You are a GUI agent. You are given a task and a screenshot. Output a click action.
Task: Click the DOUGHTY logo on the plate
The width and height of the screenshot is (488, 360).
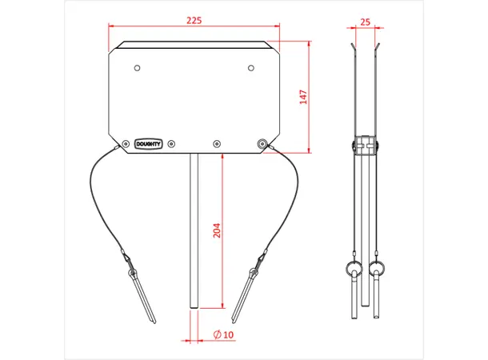coord(149,144)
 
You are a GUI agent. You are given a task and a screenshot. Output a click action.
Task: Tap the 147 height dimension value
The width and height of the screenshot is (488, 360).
coord(303,97)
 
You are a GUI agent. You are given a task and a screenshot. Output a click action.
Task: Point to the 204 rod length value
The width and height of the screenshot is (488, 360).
coord(217,230)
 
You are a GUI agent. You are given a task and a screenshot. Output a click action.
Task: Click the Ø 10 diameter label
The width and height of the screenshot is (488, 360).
coord(224,334)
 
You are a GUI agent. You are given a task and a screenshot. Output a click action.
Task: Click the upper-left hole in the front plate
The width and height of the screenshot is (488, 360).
coord(138,67)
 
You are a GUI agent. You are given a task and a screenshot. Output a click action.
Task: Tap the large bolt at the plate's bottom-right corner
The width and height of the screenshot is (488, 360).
coord(262,144)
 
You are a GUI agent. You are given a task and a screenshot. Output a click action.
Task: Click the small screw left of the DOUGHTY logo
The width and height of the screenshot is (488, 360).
coord(126,144)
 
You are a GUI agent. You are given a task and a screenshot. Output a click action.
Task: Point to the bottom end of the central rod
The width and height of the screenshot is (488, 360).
coord(193,306)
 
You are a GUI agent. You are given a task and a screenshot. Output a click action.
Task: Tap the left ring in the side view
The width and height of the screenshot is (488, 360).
coord(352,267)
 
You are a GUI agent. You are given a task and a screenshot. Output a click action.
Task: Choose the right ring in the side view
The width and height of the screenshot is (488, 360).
coord(377,267)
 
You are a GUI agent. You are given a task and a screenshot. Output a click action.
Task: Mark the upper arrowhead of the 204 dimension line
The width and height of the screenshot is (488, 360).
coord(222,157)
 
